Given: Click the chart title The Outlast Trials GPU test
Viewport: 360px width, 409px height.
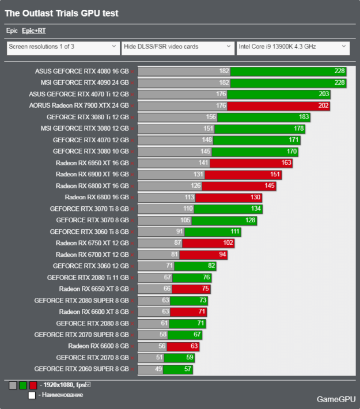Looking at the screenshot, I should (x=62, y=13).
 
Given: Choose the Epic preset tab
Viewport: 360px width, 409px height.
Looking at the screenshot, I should (x=12, y=31).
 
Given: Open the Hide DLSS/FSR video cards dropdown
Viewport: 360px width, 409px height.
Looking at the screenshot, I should (x=177, y=48).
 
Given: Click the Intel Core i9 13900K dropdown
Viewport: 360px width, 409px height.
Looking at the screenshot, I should (x=293, y=48).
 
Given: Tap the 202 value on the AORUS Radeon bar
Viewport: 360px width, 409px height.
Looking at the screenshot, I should (x=323, y=105).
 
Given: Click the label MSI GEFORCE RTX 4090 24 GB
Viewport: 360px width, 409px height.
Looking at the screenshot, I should (x=85, y=83).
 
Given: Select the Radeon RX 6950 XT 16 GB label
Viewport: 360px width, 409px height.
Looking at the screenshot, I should (x=92, y=163).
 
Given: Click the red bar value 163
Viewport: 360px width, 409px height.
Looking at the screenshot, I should (x=286, y=163).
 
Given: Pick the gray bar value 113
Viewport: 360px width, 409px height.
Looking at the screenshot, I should (x=188, y=197).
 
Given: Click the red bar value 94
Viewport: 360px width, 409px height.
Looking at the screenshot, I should (x=222, y=255).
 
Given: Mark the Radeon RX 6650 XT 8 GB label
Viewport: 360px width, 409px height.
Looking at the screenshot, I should (x=94, y=289).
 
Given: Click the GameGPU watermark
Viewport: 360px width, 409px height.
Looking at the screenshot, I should (x=335, y=399).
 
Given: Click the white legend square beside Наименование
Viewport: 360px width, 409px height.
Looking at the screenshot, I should (x=32, y=395).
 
